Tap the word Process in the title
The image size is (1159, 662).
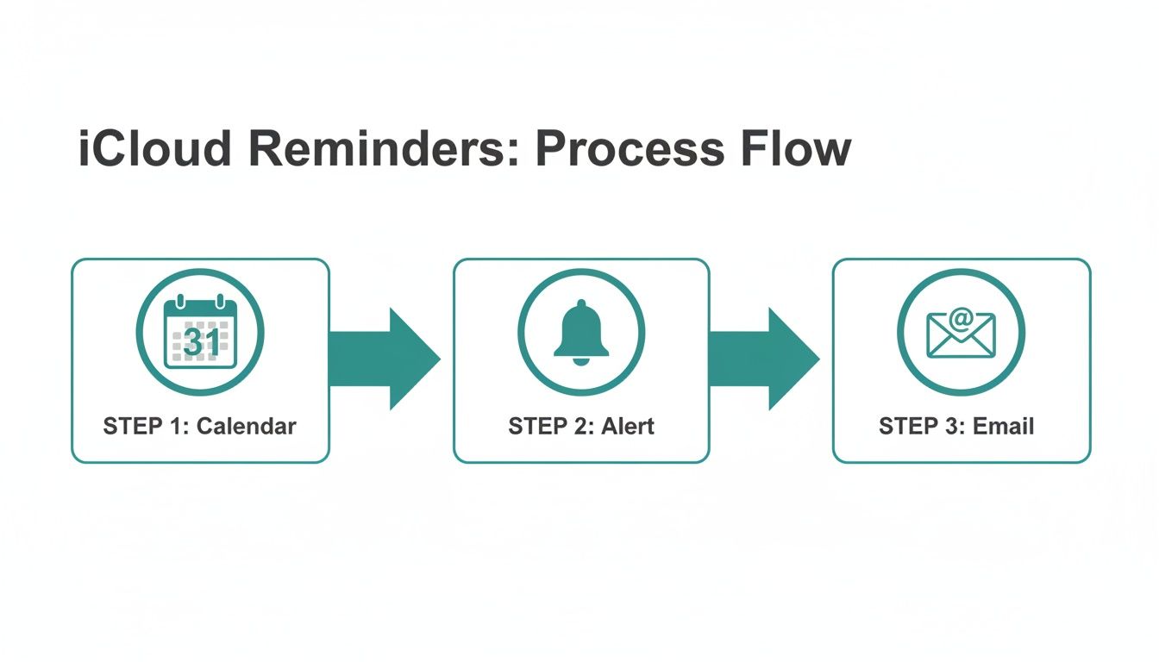click(x=628, y=149)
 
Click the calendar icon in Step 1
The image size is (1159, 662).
click(x=200, y=333)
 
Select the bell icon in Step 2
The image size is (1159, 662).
click(x=581, y=331)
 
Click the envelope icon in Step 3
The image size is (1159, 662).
click(x=961, y=334)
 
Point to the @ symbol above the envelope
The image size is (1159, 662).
click(x=962, y=320)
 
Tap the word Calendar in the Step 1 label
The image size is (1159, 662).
click(x=247, y=426)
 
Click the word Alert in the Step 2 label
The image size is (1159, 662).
click(x=628, y=426)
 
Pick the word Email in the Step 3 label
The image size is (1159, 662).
click(x=1006, y=426)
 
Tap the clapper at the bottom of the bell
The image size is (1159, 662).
click(x=581, y=361)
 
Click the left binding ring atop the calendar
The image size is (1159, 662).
click(x=181, y=302)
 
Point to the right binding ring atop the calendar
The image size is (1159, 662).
click(x=220, y=302)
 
